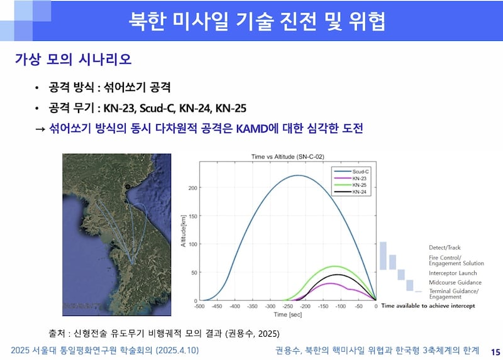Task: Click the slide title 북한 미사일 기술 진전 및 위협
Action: [x=257, y=21]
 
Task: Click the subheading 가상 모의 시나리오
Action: [x=73, y=60]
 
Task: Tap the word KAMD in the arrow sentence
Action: [x=255, y=128]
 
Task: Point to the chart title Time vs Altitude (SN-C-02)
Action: [x=287, y=156]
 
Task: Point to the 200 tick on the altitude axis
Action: [x=192, y=188]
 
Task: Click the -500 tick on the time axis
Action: [x=200, y=306]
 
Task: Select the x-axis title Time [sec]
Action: [x=288, y=314]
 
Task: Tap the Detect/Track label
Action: [x=445, y=248]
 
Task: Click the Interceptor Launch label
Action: [x=453, y=273]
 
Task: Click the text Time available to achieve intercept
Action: [x=428, y=305]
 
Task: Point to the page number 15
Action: [x=494, y=351]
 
